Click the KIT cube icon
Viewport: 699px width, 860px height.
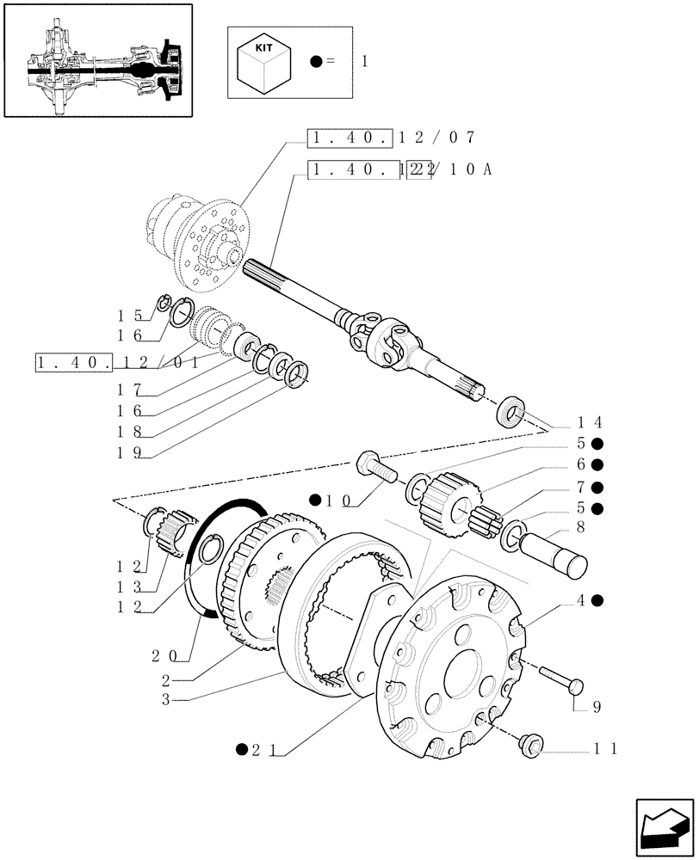[264, 62]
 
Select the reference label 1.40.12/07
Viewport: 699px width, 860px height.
[392, 138]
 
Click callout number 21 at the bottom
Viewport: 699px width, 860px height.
[260, 749]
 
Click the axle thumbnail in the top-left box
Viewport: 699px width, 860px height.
[96, 60]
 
